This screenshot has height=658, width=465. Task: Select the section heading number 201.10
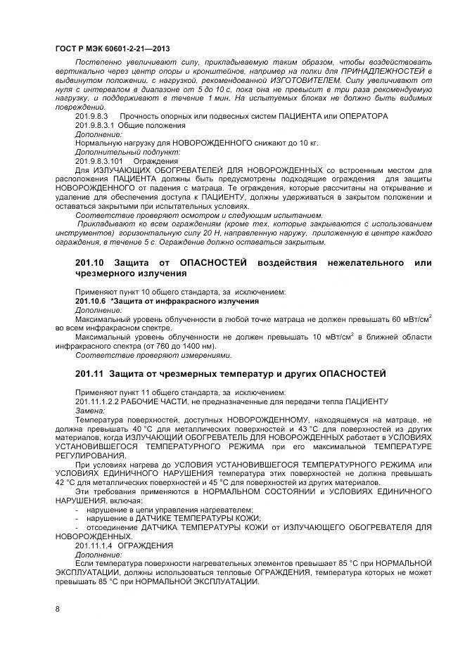tap(89, 263)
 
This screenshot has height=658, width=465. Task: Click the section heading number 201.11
tap(89, 372)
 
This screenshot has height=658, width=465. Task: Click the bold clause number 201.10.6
tap(90, 301)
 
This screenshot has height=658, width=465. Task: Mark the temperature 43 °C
tap(309, 429)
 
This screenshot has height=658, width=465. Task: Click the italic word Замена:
tap(89, 411)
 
